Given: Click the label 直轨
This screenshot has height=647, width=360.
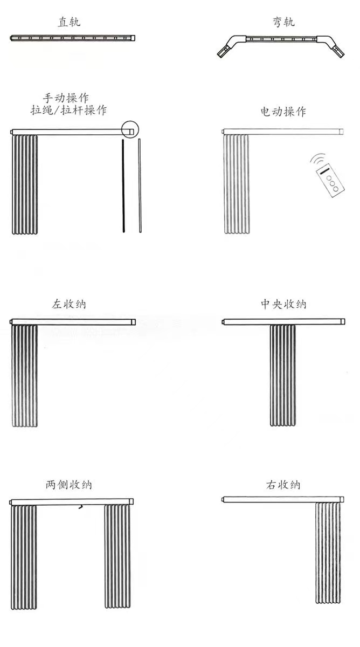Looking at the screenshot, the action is click(x=69, y=22).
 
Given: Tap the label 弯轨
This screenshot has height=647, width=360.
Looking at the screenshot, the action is click(x=284, y=22).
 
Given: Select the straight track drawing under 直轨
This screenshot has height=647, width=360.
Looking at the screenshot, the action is click(x=73, y=38).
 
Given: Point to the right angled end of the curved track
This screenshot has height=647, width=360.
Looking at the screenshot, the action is click(x=332, y=47).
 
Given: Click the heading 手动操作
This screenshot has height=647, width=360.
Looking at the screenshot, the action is click(x=66, y=98).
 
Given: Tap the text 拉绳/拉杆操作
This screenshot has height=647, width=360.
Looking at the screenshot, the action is click(x=68, y=110).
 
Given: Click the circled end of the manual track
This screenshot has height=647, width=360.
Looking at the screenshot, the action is click(x=130, y=129).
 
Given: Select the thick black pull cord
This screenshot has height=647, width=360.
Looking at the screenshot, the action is click(x=123, y=185).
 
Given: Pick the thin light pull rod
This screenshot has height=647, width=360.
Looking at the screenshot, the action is click(x=140, y=185).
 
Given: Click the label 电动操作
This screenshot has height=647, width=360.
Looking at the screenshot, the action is click(x=283, y=112).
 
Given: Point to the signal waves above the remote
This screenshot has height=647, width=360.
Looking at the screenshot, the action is click(x=318, y=159).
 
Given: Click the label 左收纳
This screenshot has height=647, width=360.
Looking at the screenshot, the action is click(x=69, y=304).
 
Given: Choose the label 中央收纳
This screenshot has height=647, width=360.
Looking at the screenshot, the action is click(x=283, y=304).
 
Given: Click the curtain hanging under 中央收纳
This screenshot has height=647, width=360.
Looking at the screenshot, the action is click(x=282, y=375).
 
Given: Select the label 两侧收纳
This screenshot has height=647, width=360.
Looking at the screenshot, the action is click(x=68, y=484).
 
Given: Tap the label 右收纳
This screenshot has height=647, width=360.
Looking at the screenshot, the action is click(x=283, y=485).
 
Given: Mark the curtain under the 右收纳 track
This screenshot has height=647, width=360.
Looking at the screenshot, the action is click(x=328, y=553).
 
